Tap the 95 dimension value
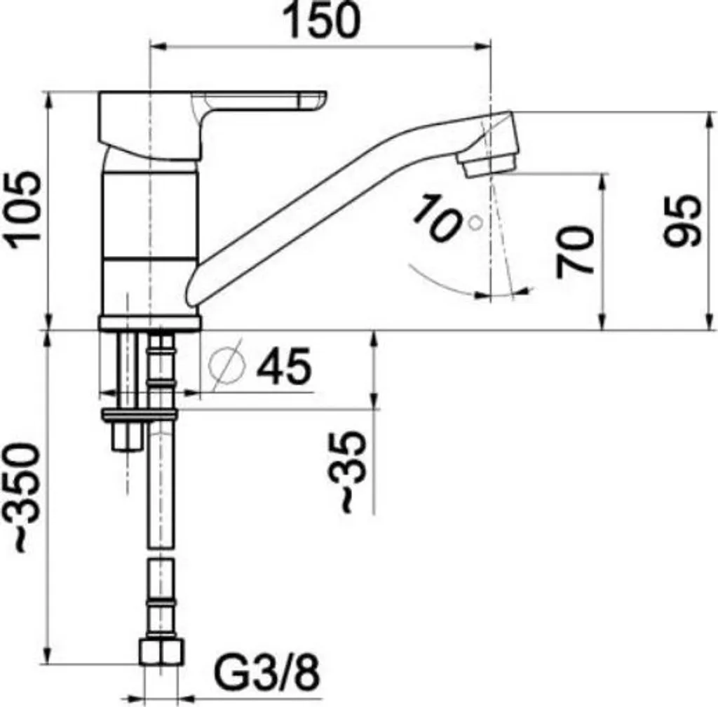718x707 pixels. tap(682, 220)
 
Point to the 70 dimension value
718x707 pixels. tap(576, 250)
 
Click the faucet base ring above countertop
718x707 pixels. tap(149, 323)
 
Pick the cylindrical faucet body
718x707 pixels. tap(149, 231)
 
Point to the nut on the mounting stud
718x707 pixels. tap(127, 438)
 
